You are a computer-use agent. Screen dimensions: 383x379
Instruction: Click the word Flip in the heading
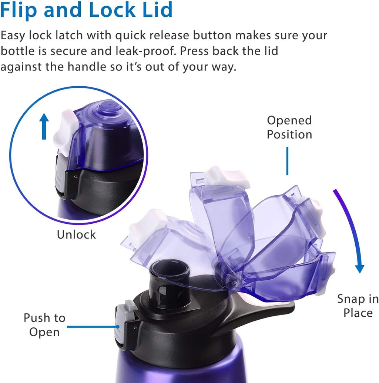[x=18, y=10]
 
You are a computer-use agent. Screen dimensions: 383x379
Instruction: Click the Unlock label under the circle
[x=76, y=234]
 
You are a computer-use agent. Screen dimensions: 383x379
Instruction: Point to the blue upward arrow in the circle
[x=44, y=126]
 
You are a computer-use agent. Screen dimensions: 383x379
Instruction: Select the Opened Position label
[x=289, y=127]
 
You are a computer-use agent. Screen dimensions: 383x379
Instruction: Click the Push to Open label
[x=44, y=324]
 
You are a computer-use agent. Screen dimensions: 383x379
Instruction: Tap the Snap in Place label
[x=358, y=306]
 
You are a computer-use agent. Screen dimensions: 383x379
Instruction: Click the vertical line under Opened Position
[x=287, y=160]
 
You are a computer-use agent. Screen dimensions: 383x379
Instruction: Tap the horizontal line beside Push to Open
[x=93, y=327]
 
